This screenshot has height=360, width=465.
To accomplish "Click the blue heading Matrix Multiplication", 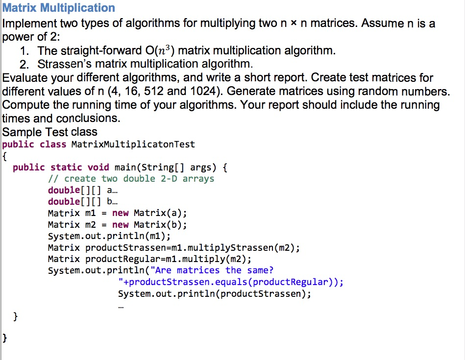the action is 58,8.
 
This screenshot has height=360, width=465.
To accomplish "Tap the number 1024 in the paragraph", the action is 205,91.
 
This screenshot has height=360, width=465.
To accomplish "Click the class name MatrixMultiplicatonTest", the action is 133,144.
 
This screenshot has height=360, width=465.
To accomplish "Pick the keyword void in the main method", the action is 98,167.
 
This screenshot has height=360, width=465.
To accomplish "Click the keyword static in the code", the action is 66,167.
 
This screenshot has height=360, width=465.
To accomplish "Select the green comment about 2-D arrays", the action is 131,179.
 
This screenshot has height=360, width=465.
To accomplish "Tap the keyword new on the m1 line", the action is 120,213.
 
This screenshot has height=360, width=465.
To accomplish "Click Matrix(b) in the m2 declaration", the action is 160,225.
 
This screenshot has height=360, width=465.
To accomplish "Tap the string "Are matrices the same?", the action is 212,270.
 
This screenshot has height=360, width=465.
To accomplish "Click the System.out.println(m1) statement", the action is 109,237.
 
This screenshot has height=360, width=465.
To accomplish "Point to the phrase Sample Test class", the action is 50,132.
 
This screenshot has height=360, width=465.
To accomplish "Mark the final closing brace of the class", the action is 4,338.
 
